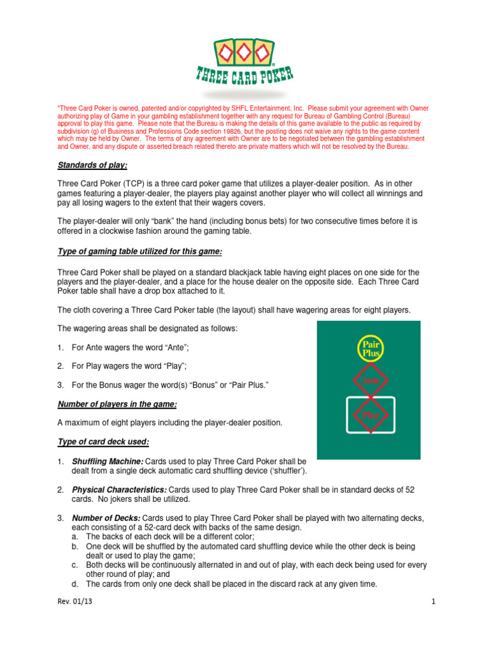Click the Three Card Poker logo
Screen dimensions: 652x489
pyautogui.click(x=244, y=60)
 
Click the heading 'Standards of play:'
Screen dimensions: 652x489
pyautogui.click(x=92, y=166)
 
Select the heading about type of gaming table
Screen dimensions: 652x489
pyautogui.click(x=139, y=252)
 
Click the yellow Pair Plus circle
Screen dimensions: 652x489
pyautogui.click(x=371, y=348)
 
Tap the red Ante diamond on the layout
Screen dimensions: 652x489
pyautogui.click(x=371, y=380)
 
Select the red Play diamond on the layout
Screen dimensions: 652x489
pyautogui.click(x=371, y=415)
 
